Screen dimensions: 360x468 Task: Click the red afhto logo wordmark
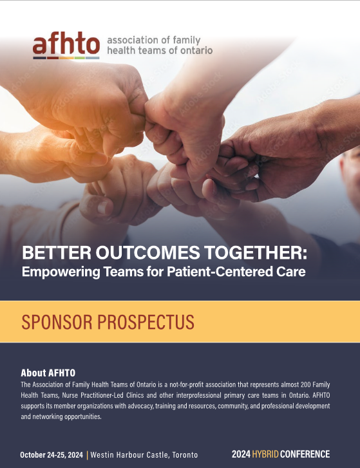66,45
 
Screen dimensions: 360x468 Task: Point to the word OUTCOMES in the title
147,252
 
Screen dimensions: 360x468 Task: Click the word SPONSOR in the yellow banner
57,322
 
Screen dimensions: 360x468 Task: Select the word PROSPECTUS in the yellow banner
146,322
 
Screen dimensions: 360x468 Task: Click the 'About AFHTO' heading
48,373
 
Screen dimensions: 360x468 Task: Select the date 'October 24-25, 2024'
52,455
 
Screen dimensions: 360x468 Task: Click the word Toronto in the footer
185,455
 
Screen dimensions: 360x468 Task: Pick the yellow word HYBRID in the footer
265,454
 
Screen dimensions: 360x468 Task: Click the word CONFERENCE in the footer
305,454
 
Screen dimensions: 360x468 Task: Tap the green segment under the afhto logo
80,58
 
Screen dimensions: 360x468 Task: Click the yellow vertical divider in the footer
87,455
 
